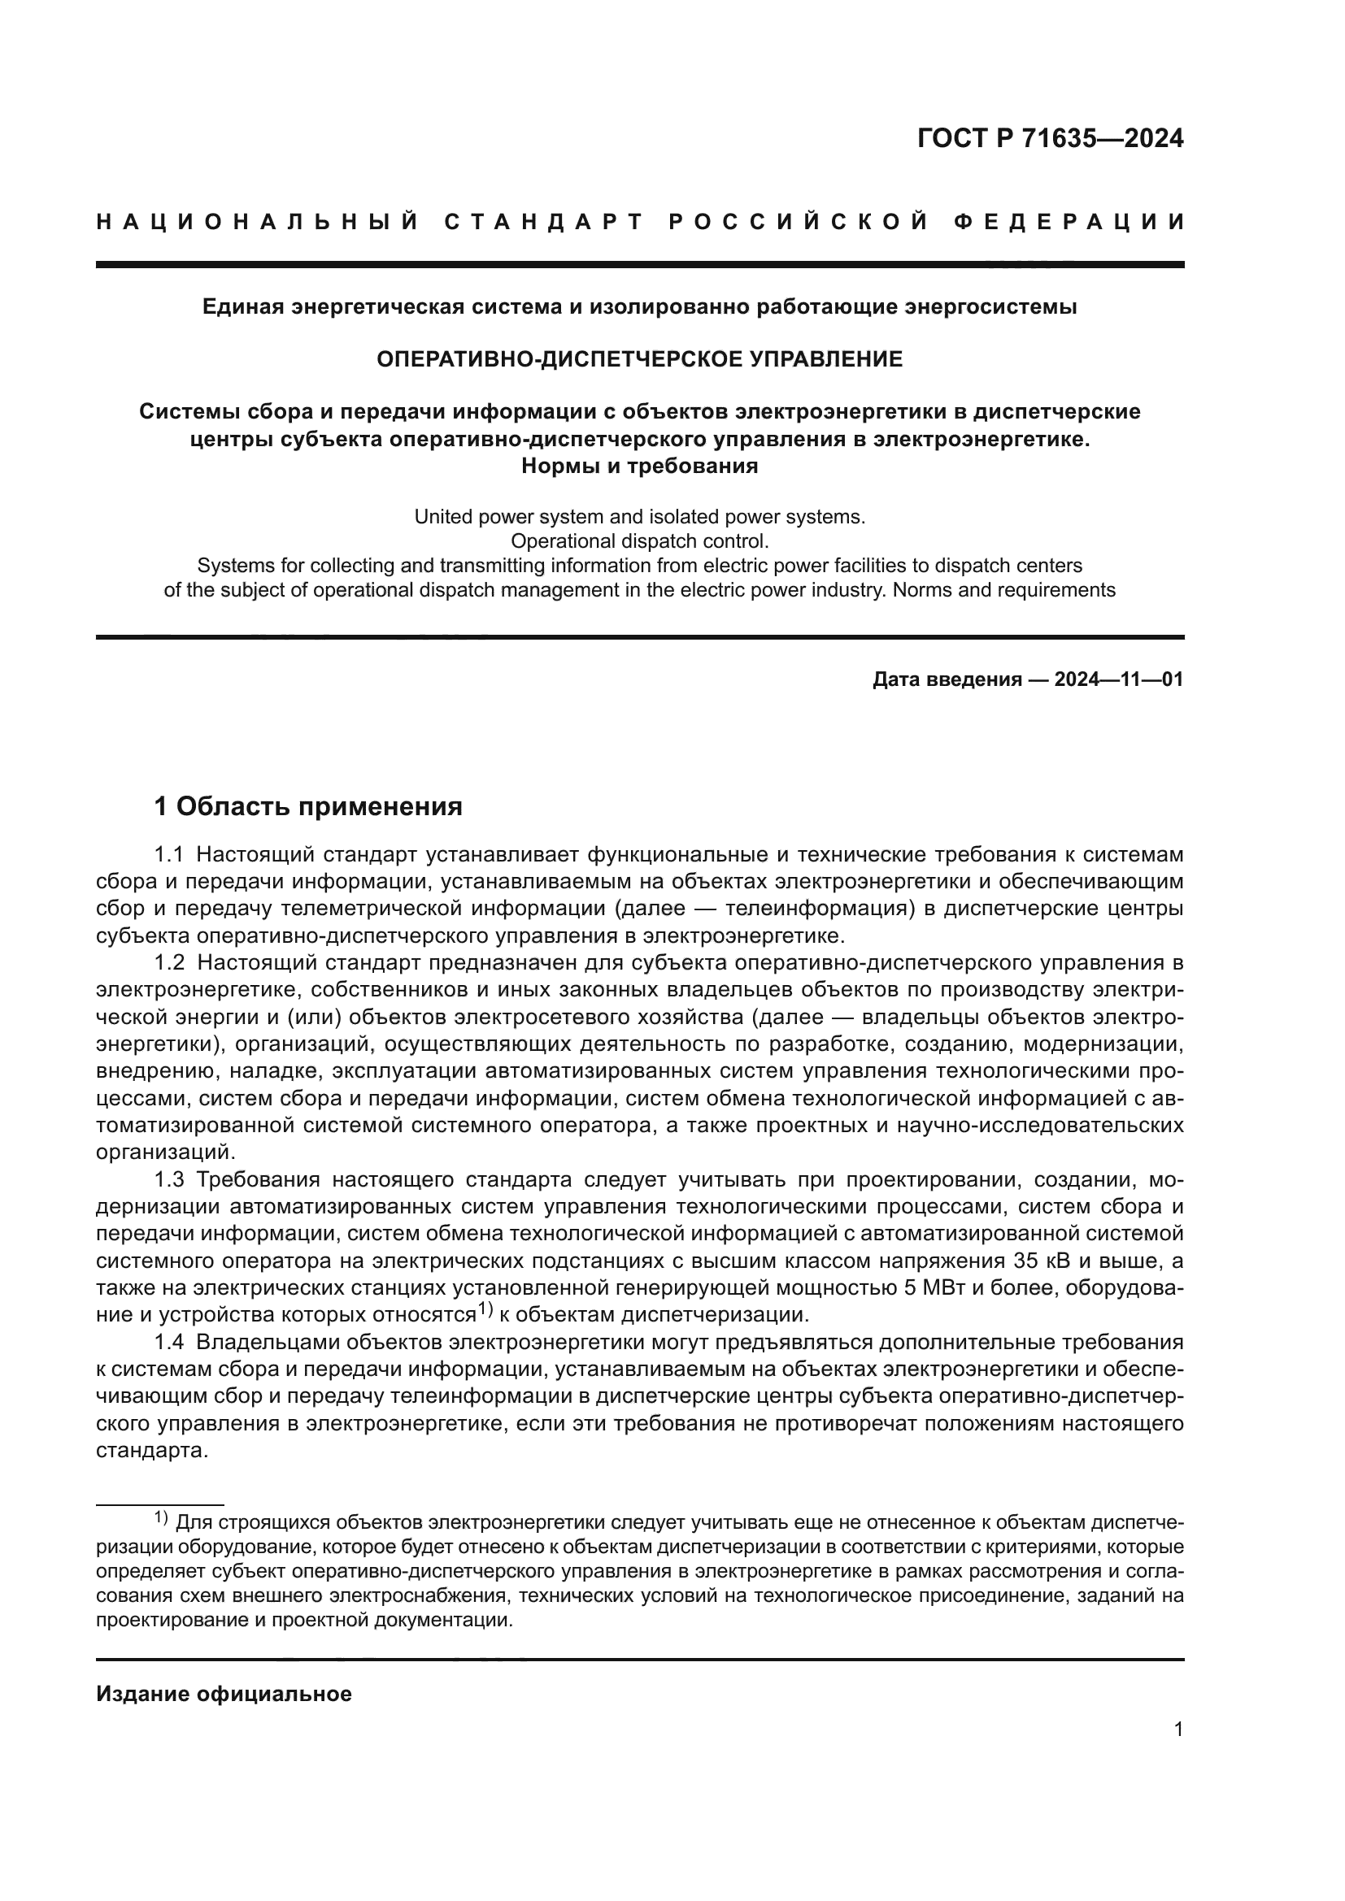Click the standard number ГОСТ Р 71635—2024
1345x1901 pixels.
1050,138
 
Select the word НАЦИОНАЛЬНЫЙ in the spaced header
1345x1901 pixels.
258,222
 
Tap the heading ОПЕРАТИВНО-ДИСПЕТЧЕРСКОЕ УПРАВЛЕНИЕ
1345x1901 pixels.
639,359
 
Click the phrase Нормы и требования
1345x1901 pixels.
639,467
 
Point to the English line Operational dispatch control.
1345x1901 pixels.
639,541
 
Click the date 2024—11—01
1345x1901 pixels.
1119,679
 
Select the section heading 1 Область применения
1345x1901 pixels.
308,806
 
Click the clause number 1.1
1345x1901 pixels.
169,854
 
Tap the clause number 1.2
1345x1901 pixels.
169,963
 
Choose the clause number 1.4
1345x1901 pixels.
169,1342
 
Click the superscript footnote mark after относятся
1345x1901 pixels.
486,1310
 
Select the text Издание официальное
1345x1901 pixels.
224,1694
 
